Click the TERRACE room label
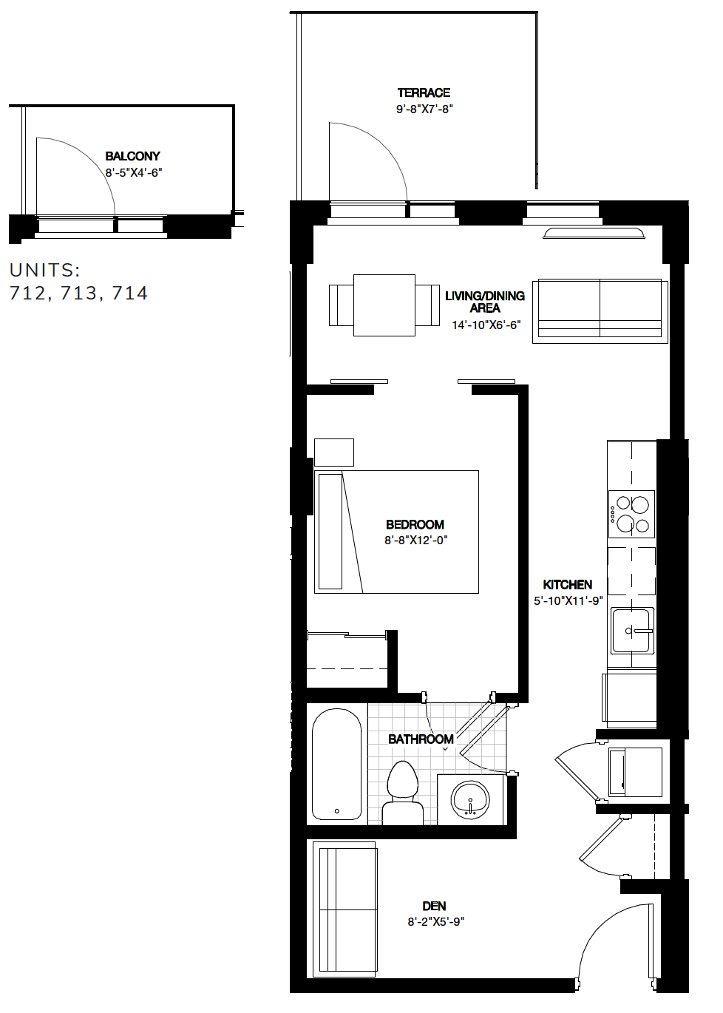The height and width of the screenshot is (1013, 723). click(424, 92)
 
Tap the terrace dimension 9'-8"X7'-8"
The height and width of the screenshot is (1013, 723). click(424, 109)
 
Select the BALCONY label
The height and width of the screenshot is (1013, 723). click(132, 156)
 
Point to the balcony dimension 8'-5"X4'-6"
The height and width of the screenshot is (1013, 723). click(133, 172)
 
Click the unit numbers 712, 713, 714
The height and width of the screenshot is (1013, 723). click(78, 294)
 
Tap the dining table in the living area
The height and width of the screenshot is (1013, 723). click(384, 305)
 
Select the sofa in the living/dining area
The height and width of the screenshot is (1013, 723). click(600, 311)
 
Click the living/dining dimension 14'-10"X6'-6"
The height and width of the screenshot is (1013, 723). click(486, 325)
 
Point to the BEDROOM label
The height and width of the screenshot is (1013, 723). click(415, 524)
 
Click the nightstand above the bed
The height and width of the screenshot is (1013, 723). click(334, 452)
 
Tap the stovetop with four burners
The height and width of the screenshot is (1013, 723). click(631, 514)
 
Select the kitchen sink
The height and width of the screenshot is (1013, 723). click(631, 631)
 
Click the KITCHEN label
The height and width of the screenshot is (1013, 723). click(567, 584)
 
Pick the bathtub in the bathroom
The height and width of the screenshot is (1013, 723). click(336, 765)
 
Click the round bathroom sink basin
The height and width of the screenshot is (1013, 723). click(470, 799)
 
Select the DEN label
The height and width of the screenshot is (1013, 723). click(434, 906)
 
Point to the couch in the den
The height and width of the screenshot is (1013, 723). click(345, 909)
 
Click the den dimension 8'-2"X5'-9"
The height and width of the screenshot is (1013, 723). click(435, 921)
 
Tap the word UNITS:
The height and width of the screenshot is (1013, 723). click(44, 270)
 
